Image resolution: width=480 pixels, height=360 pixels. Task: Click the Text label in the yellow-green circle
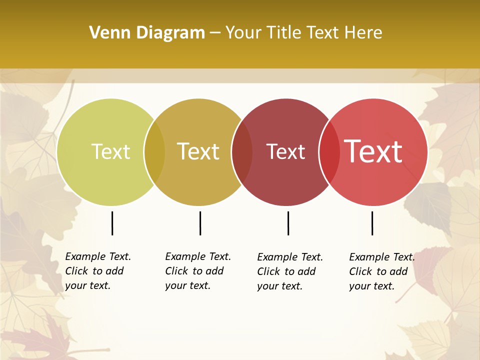click(x=110, y=151)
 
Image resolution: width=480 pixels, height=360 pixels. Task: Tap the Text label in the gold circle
click(x=198, y=151)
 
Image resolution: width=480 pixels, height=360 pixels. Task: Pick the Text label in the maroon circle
click(x=285, y=151)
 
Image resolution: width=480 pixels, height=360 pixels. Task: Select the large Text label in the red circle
click(x=373, y=151)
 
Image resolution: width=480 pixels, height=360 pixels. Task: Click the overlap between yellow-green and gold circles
click(x=154, y=152)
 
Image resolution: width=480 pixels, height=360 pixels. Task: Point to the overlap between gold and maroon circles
click(x=242, y=152)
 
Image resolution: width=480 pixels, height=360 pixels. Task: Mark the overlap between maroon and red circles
click(x=329, y=152)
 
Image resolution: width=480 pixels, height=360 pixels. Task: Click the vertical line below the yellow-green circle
click(x=112, y=223)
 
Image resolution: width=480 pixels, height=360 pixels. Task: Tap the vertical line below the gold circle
click(x=200, y=223)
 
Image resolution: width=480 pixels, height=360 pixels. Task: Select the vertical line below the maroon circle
click(x=288, y=223)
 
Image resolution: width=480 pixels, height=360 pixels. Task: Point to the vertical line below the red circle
click(x=372, y=223)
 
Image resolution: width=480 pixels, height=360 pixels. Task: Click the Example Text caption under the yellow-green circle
click(x=98, y=271)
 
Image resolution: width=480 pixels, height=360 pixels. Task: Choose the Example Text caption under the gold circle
click(x=198, y=271)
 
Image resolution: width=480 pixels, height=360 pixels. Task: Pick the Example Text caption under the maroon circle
click(x=290, y=271)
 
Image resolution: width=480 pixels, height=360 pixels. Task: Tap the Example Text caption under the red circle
click(x=382, y=271)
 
